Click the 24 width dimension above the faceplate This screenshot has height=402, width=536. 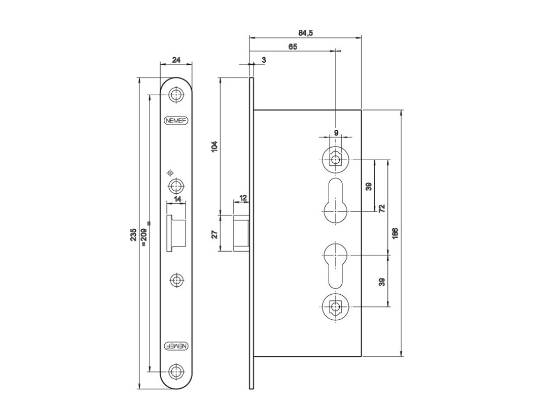[x=176, y=60]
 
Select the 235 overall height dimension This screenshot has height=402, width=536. [x=133, y=235]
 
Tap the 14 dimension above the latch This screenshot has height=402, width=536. [x=177, y=199]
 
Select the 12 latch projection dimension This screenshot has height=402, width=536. [x=243, y=198]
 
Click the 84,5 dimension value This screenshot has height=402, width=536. [x=306, y=33]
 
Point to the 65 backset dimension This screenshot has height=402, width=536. [x=293, y=47]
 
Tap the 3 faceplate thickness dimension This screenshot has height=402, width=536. [x=263, y=60]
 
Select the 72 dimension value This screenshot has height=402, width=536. [x=382, y=208]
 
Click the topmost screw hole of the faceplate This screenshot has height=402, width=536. [x=177, y=95]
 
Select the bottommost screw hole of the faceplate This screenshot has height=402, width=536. [x=177, y=372]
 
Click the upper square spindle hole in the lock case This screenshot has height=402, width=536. [x=334, y=159]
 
